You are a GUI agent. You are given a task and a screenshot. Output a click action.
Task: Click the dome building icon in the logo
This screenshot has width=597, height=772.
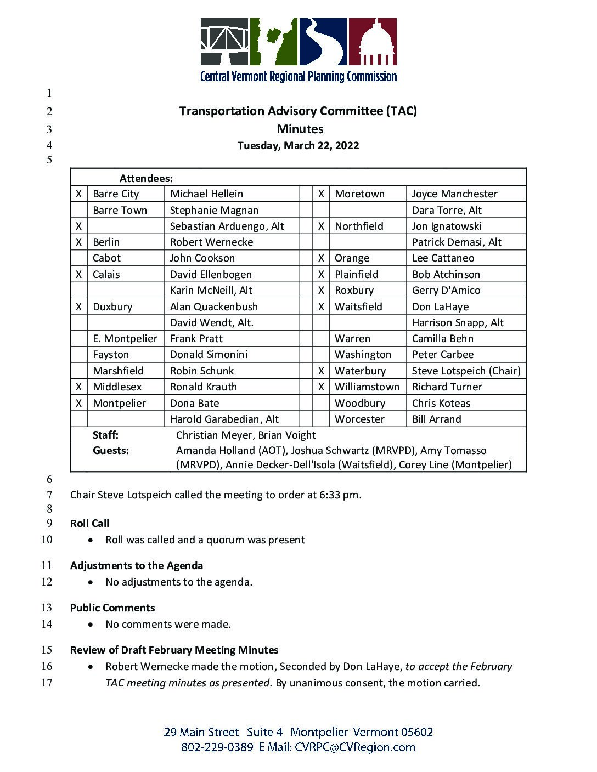(373, 43)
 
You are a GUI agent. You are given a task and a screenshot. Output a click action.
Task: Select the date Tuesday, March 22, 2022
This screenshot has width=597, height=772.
(298, 146)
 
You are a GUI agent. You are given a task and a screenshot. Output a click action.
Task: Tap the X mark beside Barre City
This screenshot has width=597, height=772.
(79, 194)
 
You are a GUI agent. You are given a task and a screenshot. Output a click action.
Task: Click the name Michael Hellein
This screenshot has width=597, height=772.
(206, 194)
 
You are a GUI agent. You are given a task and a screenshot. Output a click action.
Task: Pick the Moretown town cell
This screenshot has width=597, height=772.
(359, 194)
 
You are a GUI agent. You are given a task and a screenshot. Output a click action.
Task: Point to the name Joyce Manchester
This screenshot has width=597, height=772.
(454, 194)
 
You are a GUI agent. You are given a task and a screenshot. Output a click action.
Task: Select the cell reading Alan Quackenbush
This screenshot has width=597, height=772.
(213, 307)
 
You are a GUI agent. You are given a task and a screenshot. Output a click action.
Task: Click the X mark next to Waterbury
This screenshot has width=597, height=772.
(321, 371)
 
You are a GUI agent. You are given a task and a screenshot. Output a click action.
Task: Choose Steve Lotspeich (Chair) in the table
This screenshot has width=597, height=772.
(466, 371)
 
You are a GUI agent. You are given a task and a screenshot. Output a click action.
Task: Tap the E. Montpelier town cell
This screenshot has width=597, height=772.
(125, 339)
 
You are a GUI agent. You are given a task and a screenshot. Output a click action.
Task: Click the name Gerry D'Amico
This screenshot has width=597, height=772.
(446, 291)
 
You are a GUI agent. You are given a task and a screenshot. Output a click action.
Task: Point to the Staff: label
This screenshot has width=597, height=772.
(105, 435)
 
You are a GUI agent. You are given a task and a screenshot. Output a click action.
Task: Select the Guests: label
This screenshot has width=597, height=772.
(110, 451)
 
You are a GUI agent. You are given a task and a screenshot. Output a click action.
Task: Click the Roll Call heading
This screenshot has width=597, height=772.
(89, 524)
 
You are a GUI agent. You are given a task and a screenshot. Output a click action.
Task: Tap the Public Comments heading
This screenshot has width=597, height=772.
(112, 608)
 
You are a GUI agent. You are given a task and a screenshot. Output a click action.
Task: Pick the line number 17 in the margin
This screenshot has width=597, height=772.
(47, 683)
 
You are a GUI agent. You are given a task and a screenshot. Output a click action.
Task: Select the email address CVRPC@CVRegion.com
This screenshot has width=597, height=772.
(354, 747)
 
